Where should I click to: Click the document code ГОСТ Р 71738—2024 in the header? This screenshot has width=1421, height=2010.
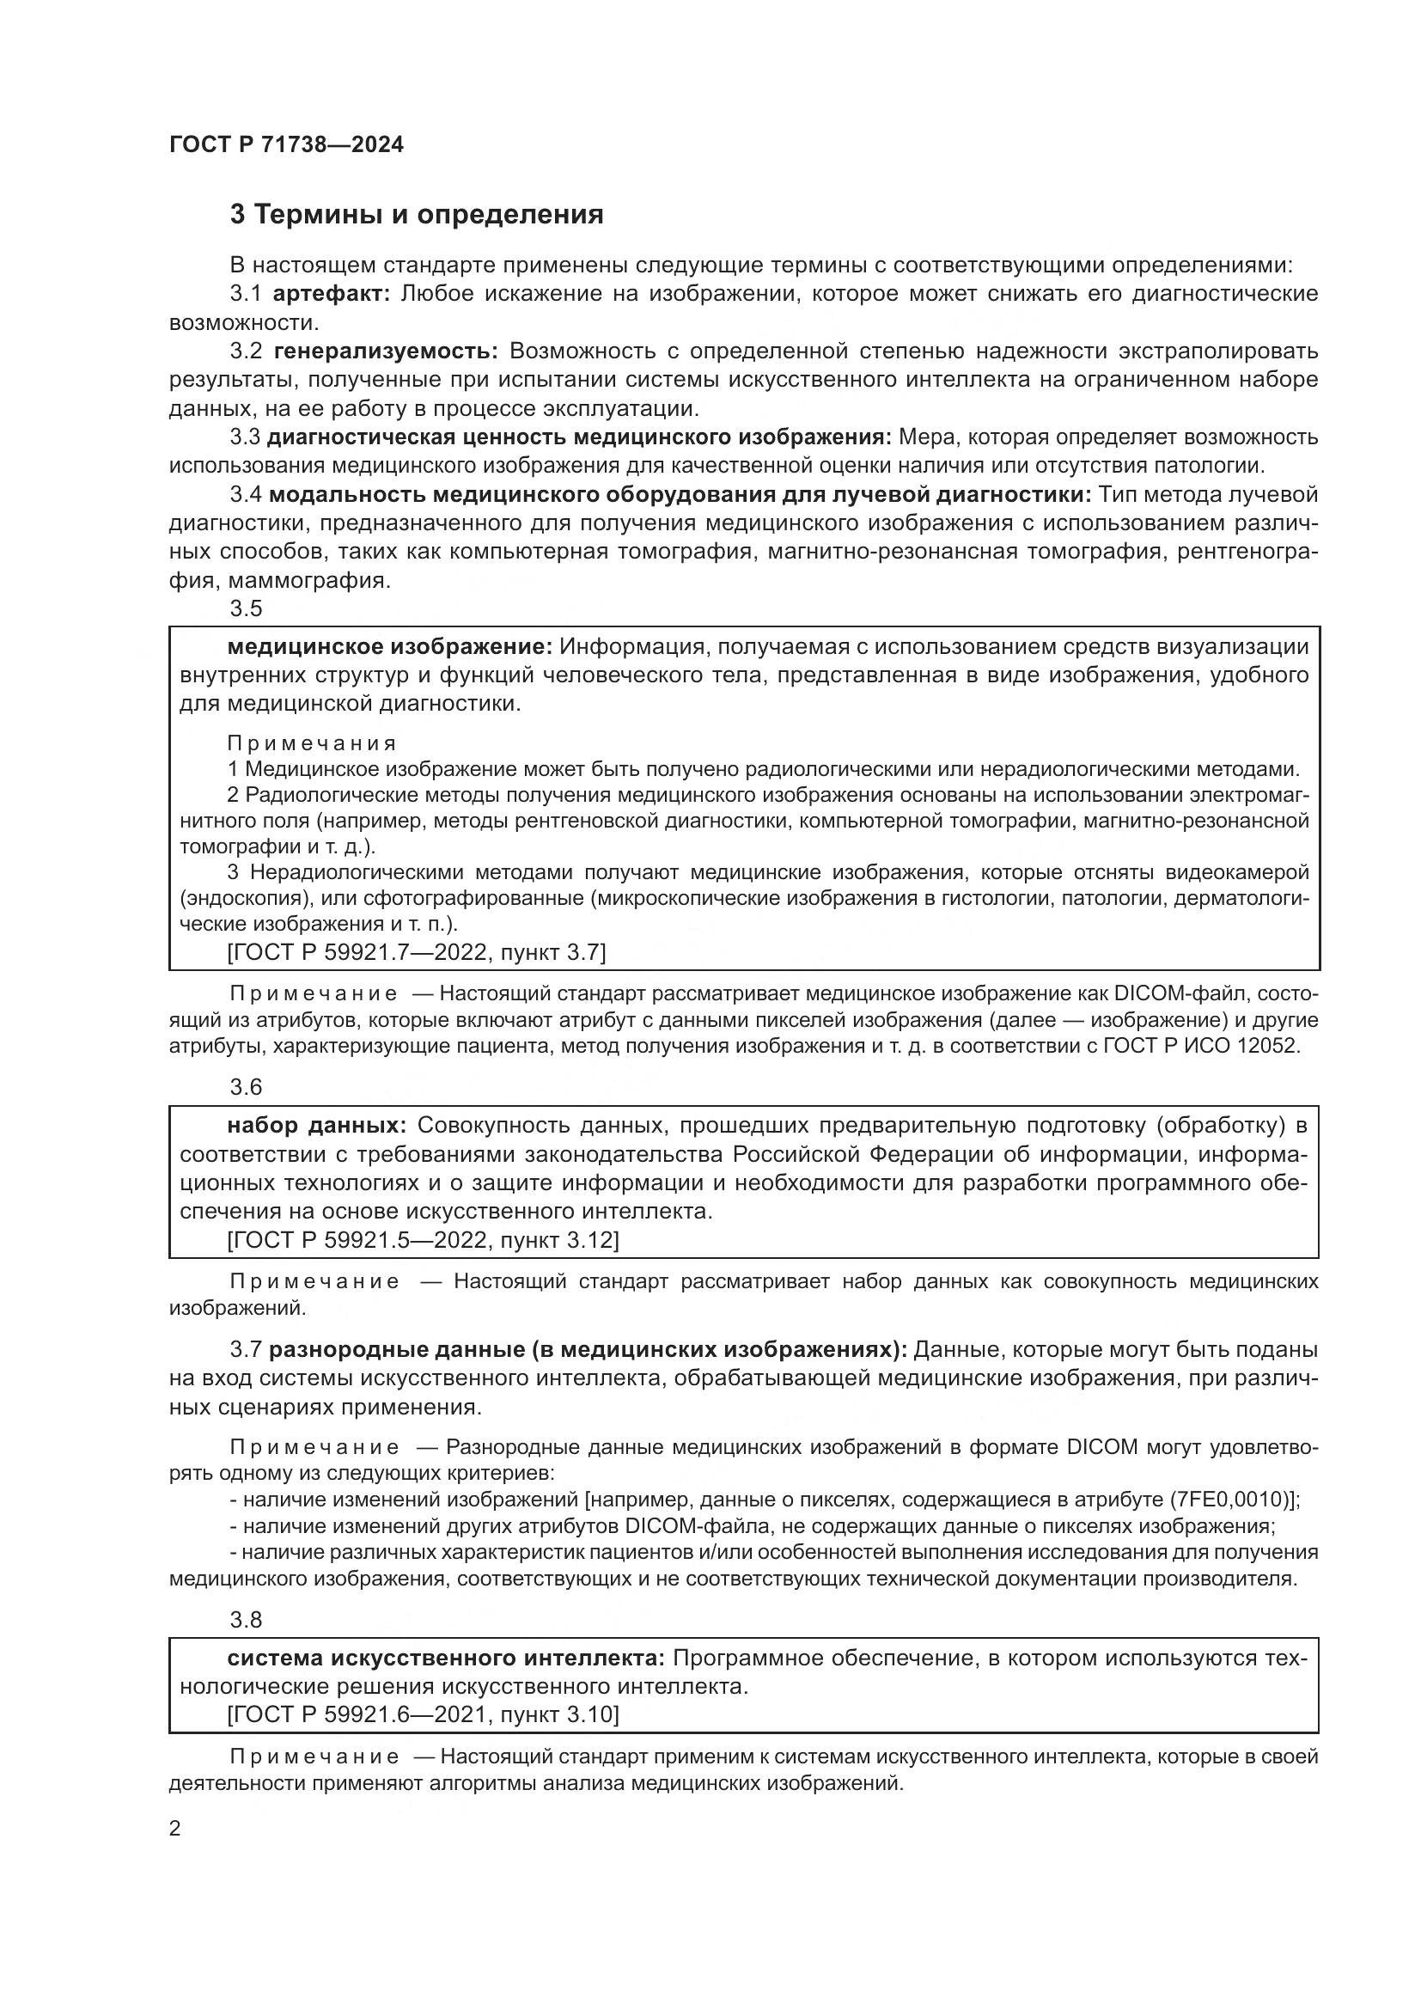click(x=286, y=145)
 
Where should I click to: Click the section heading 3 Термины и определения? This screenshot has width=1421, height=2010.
click(x=417, y=215)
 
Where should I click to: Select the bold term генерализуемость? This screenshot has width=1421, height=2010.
click(x=386, y=351)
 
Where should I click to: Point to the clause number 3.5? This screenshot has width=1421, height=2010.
click(x=246, y=608)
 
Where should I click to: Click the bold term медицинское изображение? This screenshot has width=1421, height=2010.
click(x=389, y=647)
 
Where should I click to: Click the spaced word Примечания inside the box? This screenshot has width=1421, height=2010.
click(x=312, y=744)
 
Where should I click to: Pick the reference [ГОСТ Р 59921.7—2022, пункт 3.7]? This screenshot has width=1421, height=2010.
click(x=416, y=952)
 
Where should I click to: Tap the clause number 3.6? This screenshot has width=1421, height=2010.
click(x=246, y=1087)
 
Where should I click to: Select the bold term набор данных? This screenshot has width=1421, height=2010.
click(x=316, y=1126)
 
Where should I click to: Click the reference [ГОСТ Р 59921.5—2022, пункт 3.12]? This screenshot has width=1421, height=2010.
click(x=422, y=1241)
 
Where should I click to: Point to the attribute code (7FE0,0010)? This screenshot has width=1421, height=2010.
click(x=1232, y=1500)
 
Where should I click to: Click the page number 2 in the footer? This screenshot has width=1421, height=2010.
click(x=175, y=1830)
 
